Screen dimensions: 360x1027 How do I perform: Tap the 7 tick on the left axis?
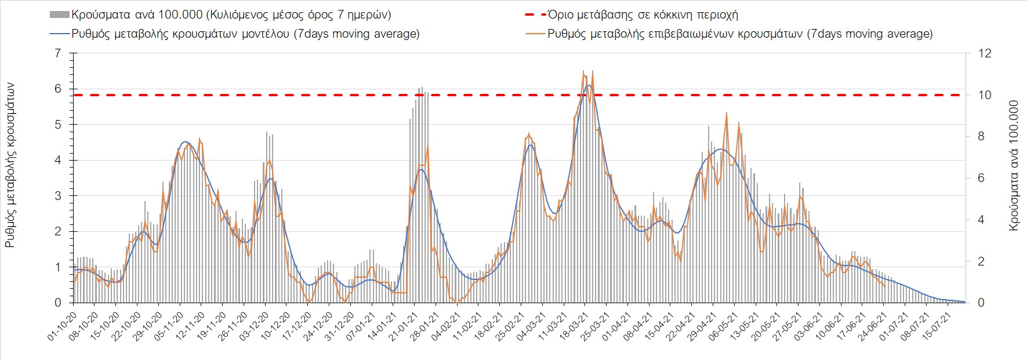point(57,53)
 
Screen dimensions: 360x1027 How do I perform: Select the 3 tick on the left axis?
point(57,196)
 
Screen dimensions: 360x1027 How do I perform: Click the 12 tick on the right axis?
point(985,53)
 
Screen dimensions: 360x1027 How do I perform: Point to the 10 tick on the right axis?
point(985,95)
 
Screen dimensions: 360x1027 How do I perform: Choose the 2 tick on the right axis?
point(981,261)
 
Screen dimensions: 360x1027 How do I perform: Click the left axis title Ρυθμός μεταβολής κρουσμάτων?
point(10,165)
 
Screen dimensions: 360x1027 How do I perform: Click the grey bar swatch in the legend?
point(60,15)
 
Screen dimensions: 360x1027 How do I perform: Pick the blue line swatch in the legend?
point(60,34)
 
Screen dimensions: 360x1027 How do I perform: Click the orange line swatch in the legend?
point(535,34)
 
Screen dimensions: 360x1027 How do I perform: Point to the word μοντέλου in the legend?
point(262,34)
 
